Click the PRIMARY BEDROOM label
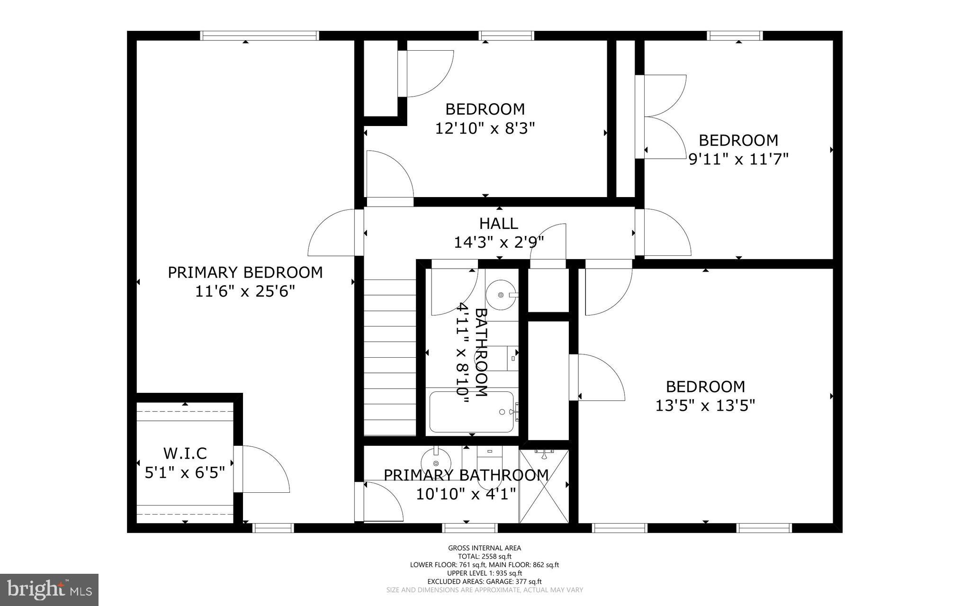tap(245, 272)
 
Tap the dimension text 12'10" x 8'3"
tap(485, 128)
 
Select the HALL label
tap(498, 223)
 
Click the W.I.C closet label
tap(185, 453)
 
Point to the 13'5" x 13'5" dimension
tap(705, 406)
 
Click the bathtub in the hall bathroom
tap(471, 412)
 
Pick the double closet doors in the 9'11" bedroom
tap(661, 117)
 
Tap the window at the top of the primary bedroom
tap(259, 36)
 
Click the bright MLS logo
tap(49, 589)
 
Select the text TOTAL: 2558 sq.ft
tap(484, 557)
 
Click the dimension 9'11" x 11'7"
tap(738, 159)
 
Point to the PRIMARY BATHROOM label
tap(466, 475)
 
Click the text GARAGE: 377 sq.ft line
tap(484, 581)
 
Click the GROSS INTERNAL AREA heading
tap(484, 548)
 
